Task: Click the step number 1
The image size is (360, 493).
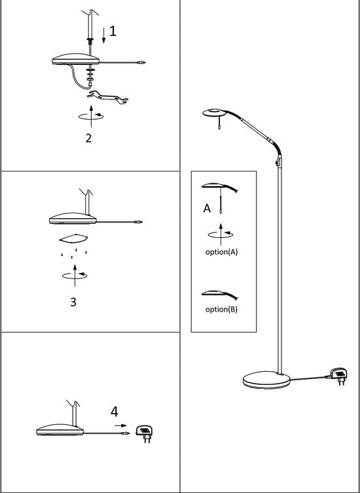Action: click(113, 31)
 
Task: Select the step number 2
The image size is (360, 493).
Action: click(89, 138)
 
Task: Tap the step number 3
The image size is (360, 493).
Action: click(73, 302)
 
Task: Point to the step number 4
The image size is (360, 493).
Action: click(115, 412)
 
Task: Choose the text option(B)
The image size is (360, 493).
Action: click(221, 309)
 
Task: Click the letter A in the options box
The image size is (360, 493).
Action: click(206, 209)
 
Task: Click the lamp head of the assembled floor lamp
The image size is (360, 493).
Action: click(215, 113)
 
